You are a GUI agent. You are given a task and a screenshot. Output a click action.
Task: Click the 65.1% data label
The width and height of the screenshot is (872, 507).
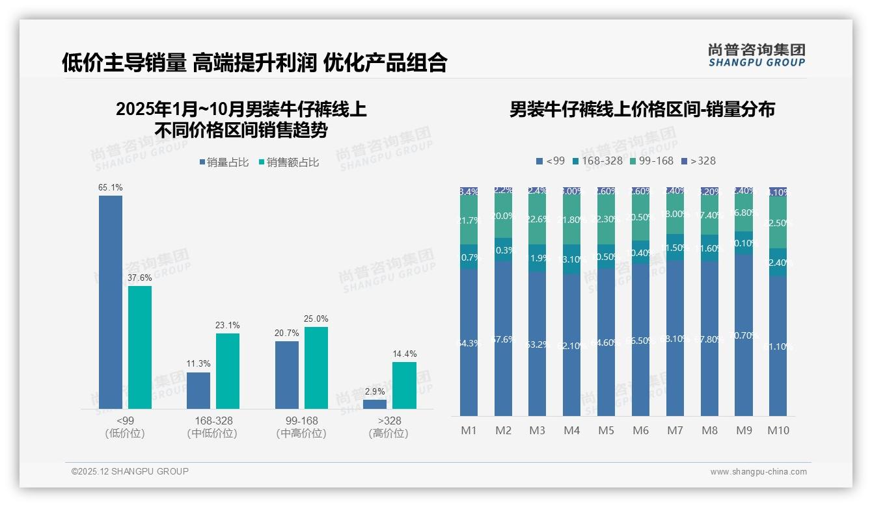(x=111, y=187)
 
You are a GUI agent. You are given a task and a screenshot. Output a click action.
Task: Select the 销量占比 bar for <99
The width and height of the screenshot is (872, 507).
(x=111, y=302)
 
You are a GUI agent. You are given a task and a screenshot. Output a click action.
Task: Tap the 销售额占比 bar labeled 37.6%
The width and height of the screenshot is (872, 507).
(x=140, y=348)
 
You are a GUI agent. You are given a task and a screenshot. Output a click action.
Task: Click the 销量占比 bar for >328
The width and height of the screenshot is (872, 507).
(x=375, y=404)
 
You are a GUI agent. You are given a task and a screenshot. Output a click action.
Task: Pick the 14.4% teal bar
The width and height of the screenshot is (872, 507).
(x=404, y=385)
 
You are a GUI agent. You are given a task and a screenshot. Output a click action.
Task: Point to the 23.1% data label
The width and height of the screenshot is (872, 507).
(x=228, y=325)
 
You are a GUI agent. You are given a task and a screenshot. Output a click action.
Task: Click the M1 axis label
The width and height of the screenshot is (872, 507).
(x=469, y=430)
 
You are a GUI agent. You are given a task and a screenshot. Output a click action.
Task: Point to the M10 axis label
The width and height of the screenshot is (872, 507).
(x=778, y=430)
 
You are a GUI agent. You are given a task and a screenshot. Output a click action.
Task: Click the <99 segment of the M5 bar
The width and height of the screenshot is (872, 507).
(x=606, y=342)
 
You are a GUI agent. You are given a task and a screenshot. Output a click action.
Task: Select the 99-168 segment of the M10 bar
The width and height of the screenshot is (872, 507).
(x=778, y=222)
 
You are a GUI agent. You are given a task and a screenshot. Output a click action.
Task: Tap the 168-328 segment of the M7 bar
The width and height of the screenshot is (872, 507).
(x=675, y=248)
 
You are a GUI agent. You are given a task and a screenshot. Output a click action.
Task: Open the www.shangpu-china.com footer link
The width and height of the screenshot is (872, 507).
(x=758, y=472)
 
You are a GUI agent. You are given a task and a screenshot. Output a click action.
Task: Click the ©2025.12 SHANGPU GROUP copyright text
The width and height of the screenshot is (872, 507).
(x=130, y=471)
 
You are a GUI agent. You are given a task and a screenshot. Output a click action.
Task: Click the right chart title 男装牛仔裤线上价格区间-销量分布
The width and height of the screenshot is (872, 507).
(x=642, y=109)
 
